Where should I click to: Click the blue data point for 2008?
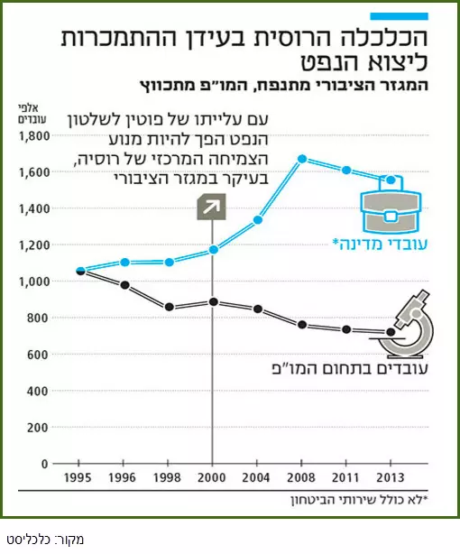click(302, 159)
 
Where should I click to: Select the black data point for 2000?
click(214, 301)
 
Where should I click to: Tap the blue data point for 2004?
click(258, 220)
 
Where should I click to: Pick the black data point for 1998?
click(170, 307)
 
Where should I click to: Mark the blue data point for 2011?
click(346, 171)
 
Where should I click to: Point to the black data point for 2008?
click(302, 325)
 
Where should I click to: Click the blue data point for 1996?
click(124, 263)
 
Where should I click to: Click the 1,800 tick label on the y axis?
click(34, 136)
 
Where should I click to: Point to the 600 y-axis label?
click(38, 355)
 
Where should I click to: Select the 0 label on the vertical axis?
click(44, 464)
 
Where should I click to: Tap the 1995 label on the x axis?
click(78, 477)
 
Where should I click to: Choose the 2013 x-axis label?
click(390, 477)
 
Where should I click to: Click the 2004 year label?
click(256, 477)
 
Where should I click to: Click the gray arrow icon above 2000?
click(212, 207)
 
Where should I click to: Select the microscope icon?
click(406, 323)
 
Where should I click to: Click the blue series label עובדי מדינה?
click(380, 245)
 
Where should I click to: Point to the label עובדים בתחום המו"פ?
click(350, 368)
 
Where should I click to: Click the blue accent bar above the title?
click(400, 16)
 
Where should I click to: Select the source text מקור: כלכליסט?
click(45, 540)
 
